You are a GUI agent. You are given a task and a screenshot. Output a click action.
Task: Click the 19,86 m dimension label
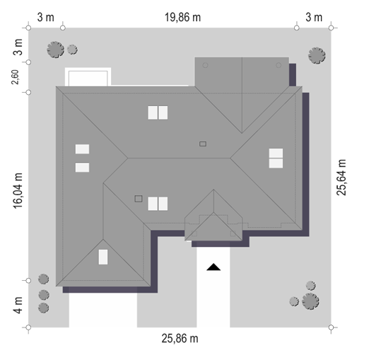coord(182,18)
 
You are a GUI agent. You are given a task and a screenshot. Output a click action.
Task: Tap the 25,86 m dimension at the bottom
coord(180,339)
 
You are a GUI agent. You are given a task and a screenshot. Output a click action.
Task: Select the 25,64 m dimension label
coord(341,178)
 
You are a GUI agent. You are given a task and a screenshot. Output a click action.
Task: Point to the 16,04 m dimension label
coord(18,191)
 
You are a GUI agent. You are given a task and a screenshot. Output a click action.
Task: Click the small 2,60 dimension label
coord(15,77)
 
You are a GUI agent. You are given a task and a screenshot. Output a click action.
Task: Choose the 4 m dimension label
coord(18,306)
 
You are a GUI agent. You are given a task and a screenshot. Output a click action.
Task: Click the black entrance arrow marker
coord(213,267)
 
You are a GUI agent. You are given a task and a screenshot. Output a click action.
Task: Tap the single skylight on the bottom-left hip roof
coord(103,257)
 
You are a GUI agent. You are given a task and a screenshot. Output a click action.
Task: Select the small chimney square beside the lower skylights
coord(139,199)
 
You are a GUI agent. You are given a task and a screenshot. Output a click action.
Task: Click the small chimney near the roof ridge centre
coord(203,144)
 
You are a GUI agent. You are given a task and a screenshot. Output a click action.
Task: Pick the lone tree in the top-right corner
coord(317,56)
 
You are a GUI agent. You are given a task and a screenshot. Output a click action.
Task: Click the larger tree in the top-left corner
coord(56,50)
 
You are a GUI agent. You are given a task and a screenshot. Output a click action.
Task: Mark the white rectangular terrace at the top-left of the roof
coord(88,77)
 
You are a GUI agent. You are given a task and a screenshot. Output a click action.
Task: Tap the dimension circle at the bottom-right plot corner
coord(331,327)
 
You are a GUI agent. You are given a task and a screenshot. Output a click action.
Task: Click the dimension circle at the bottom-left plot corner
coord(28,327)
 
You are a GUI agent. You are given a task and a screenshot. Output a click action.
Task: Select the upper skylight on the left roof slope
coord(82,149)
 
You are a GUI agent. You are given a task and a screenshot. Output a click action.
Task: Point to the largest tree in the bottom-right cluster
coord(310,301)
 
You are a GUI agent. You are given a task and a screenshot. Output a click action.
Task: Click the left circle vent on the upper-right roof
coord(205,65)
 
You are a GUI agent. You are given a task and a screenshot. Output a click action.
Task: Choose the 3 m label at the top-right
coord(314,18)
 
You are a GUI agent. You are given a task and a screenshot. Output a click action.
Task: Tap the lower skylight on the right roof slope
coord(276,163)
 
